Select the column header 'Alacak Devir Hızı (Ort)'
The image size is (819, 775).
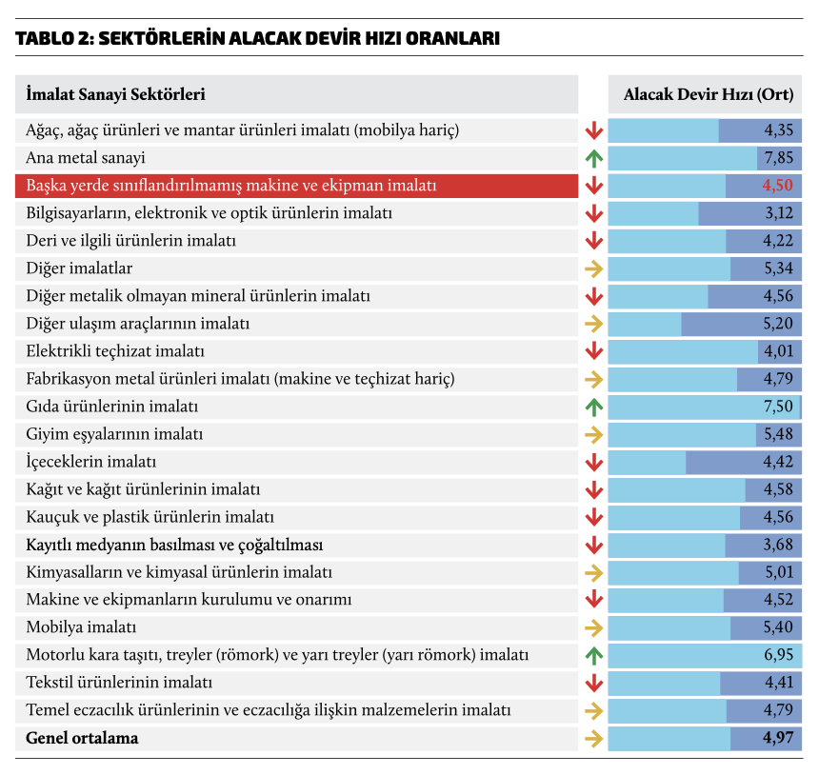point(706,94)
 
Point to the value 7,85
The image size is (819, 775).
point(777,158)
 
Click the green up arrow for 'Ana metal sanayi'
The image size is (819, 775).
point(594,158)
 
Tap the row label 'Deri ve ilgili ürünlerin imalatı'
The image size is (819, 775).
point(131,241)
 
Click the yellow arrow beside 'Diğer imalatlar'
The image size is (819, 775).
point(594,268)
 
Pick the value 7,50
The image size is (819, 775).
point(777,407)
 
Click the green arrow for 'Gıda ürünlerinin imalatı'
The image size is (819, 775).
point(594,407)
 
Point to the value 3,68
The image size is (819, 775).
point(777,545)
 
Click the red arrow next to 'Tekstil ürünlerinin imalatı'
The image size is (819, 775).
point(594,683)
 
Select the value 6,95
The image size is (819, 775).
point(777,655)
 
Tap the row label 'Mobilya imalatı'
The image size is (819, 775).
point(82,627)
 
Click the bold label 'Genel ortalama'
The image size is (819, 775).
point(83,738)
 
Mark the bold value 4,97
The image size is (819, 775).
point(777,738)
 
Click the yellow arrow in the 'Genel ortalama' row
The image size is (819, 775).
point(594,738)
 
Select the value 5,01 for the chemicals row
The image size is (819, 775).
point(777,572)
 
